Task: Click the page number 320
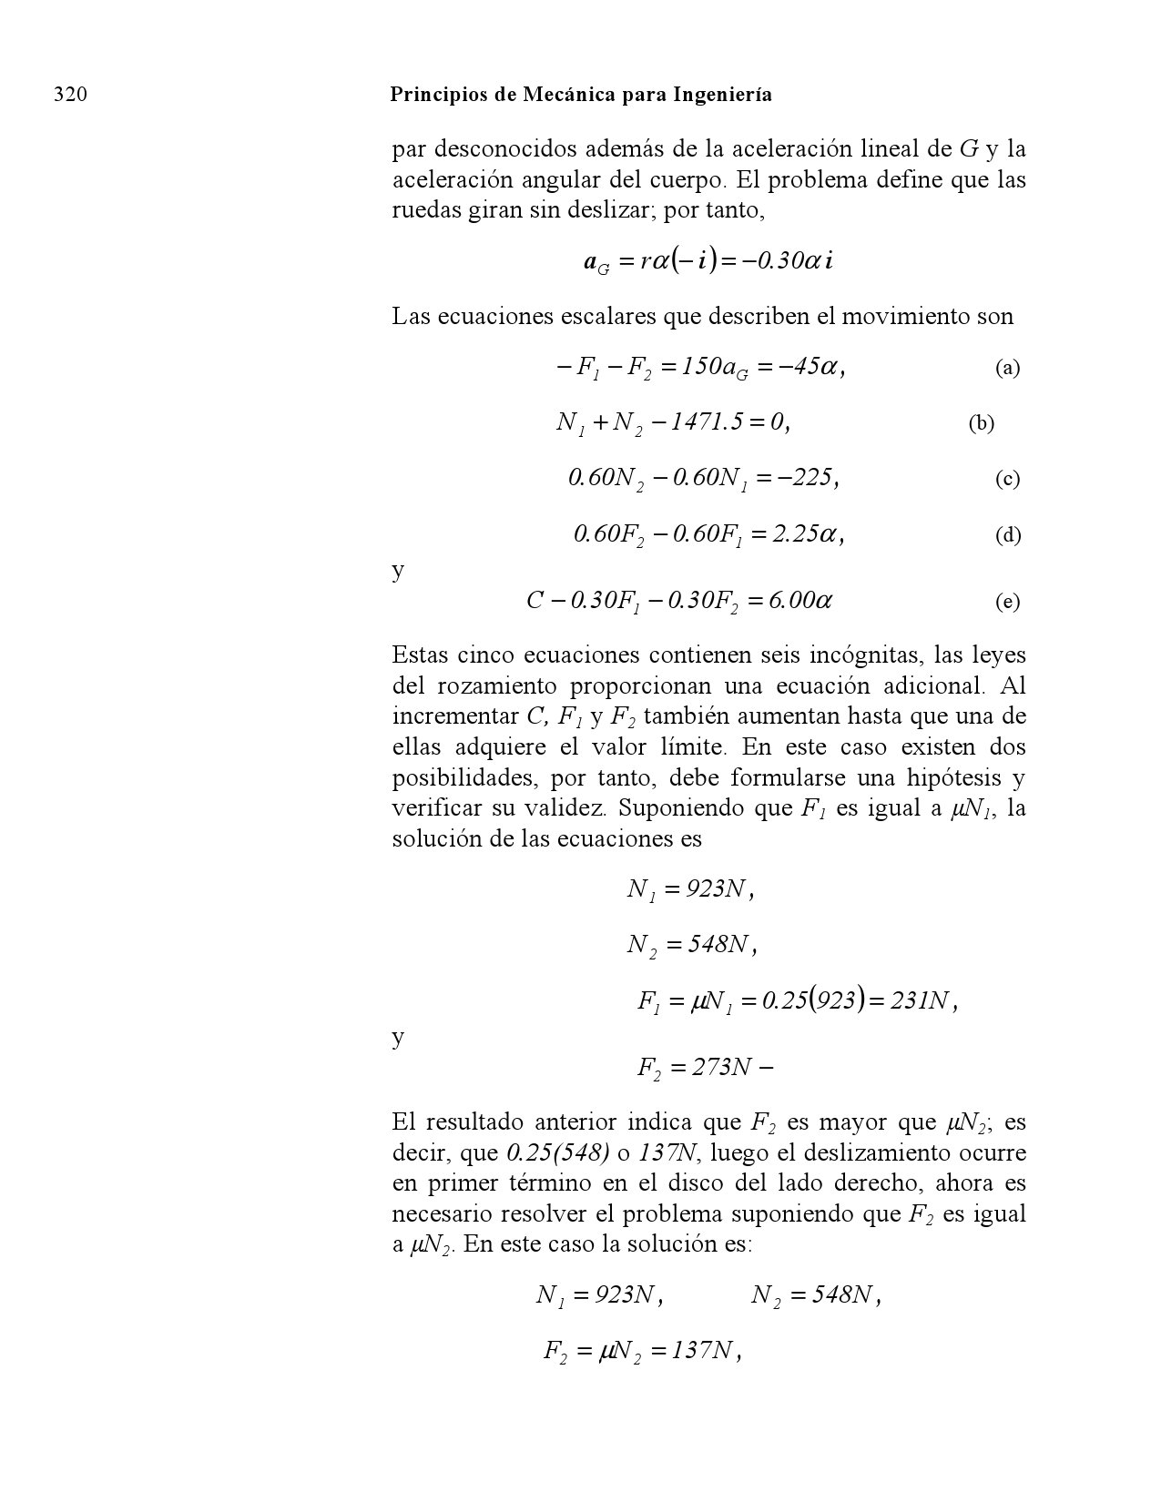click(x=71, y=95)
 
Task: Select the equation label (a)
click(x=1007, y=368)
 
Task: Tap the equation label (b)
click(x=981, y=423)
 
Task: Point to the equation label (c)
click(x=1007, y=480)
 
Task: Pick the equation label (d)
click(x=1007, y=535)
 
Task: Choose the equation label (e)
click(x=1007, y=602)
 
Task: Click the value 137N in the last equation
click(x=701, y=1352)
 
